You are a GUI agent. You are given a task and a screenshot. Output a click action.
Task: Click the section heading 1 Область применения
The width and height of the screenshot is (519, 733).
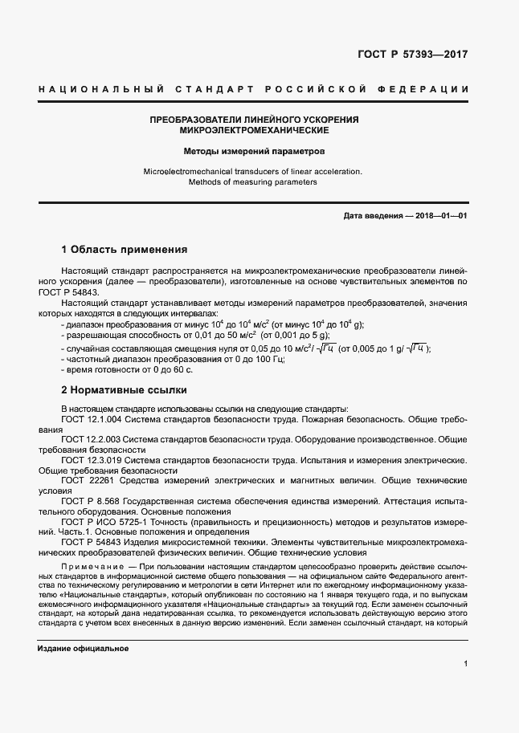click(x=125, y=249)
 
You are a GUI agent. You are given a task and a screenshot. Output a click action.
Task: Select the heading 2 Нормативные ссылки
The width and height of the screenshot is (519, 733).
click(x=125, y=390)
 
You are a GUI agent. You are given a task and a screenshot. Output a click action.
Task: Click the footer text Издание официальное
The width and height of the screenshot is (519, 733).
click(x=83, y=648)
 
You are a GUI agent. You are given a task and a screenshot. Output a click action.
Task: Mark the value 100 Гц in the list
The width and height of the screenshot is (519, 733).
click(x=224, y=359)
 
